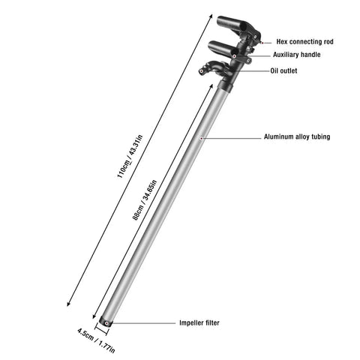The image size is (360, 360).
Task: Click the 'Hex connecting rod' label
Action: [304, 42]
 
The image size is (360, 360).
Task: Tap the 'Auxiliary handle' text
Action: [297, 55]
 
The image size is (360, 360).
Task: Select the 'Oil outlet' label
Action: [283, 70]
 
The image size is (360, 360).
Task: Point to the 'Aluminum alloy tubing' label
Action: [297, 136]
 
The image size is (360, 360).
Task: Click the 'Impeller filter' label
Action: [199, 322]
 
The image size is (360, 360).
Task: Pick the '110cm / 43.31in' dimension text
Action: [130, 157]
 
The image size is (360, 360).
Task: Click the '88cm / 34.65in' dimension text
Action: [145, 200]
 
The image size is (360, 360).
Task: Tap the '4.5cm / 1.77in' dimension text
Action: [96, 340]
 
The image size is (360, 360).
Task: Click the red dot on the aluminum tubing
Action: [202, 138]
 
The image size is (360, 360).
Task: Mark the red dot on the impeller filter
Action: [106, 323]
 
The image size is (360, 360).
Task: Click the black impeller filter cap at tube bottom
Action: [106, 321]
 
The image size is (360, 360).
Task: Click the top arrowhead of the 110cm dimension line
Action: [211, 16]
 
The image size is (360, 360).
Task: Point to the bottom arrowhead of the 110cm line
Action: [68, 304]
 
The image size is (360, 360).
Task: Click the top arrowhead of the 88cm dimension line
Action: [211, 86]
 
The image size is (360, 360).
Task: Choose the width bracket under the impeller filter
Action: [102, 329]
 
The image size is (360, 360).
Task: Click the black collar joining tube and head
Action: [226, 86]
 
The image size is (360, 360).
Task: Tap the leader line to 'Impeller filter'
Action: [143, 323]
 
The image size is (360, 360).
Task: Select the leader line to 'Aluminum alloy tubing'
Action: [232, 138]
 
